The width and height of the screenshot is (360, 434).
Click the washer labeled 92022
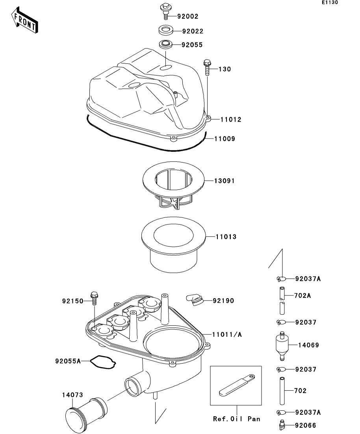click(x=166, y=30)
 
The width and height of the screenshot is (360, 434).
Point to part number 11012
click(x=230, y=120)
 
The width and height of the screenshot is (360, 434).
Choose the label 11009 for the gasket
click(x=225, y=139)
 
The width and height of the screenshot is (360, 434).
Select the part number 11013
click(x=226, y=237)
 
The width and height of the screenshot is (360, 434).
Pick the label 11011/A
click(x=227, y=335)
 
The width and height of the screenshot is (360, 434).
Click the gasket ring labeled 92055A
click(x=103, y=362)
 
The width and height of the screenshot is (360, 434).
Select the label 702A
click(x=303, y=295)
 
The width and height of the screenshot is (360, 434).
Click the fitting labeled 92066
click(x=281, y=425)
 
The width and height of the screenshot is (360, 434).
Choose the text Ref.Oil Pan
click(x=236, y=419)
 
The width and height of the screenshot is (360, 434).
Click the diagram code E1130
click(x=330, y=3)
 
